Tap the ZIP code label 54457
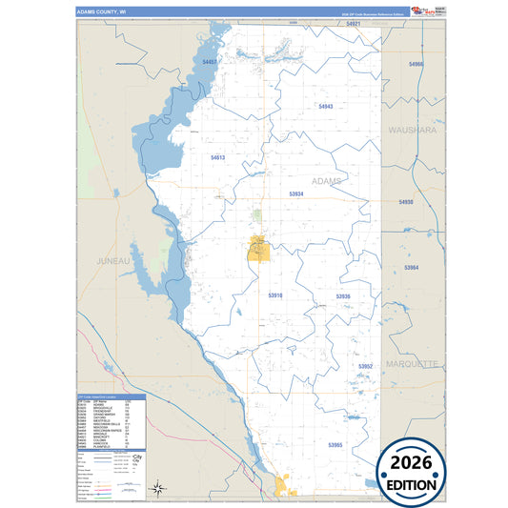(x=210, y=63)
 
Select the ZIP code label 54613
(x=217, y=157)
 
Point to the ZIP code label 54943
(x=326, y=106)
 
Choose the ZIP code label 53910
(x=275, y=295)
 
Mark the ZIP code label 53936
(x=343, y=296)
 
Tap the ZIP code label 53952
(x=366, y=366)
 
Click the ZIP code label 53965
(x=334, y=445)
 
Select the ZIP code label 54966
(x=416, y=64)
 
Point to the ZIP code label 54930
(x=406, y=202)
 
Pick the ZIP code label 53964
(x=412, y=268)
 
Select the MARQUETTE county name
(x=412, y=364)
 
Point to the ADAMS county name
(x=325, y=180)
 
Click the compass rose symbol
(x=161, y=490)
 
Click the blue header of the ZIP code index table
(x=111, y=396)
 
